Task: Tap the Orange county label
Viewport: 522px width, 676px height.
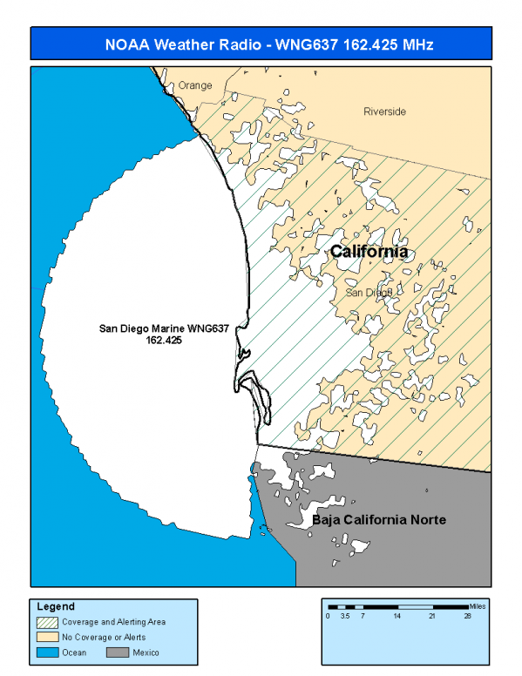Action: (194, 86)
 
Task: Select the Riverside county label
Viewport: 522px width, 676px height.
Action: (384, 112)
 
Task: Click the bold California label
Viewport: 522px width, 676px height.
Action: (369, 252)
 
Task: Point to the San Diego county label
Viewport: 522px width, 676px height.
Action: (368, 293)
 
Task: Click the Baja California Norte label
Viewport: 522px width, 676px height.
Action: (379, 520)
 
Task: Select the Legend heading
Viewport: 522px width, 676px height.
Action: (55, 606)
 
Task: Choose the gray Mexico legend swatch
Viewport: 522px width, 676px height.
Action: (119, 652)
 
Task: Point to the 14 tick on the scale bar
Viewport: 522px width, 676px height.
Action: (397, 616)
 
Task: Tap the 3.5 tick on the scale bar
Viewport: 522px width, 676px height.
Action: (345, 616)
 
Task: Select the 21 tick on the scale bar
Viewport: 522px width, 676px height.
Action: (431, 616)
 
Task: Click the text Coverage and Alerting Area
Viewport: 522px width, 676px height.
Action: (113, 622)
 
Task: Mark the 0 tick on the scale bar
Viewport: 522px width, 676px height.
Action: (328, 616)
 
